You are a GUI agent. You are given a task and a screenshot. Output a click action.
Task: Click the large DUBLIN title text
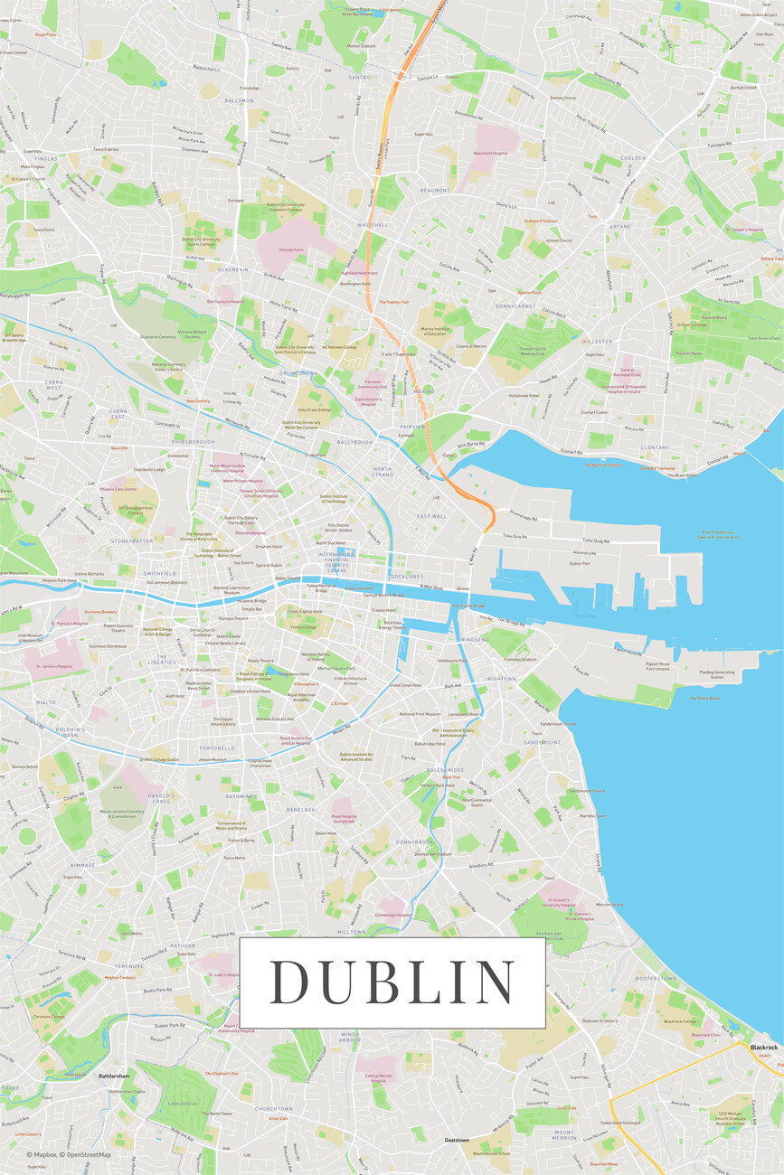(x=392, y=982)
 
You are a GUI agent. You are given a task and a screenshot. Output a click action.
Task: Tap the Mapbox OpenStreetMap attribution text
(x=69, y=1154)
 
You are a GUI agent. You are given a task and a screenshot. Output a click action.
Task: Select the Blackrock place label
(x=763, y=1047)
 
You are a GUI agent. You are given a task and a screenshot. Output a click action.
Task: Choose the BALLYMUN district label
(x=239, y=100)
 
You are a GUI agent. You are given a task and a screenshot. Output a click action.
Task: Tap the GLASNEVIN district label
(x=232, y=269)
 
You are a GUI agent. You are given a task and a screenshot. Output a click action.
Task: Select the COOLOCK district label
(x=634, y=158)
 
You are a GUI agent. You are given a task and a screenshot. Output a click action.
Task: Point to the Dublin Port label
(x=580, y=563)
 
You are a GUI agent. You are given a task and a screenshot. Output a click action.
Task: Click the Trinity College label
(x=303, y=626)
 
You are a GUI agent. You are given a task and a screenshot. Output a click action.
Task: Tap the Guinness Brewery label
(x=100, y=612)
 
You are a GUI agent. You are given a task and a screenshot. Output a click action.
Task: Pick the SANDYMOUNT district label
(x=543, y=742)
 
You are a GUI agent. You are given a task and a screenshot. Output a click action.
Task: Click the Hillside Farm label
(x=291, y=249)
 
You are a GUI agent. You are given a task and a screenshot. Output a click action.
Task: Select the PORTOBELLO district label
(x=217, y=748)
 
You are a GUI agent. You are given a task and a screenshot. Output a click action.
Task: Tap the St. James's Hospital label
(x=52, y=667)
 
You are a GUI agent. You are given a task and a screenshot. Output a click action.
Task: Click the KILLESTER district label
(x=598, y=342)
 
